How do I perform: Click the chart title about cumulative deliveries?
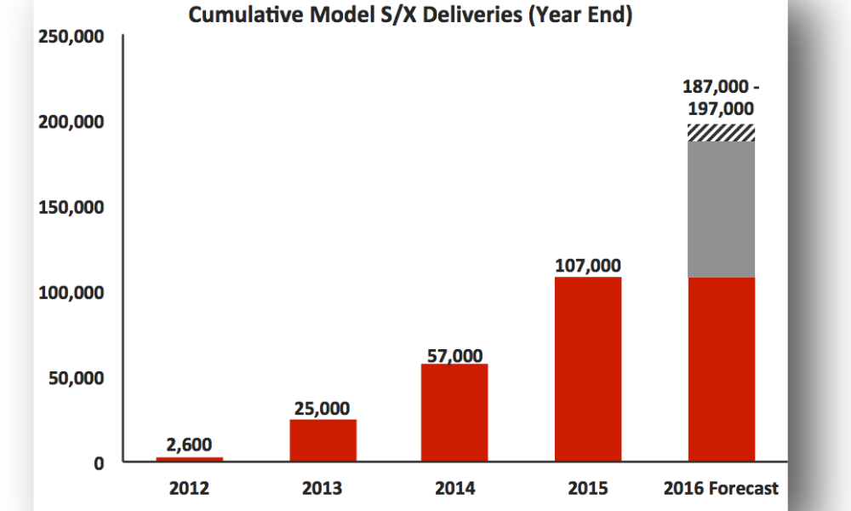pyautogui.click(x=410, y=15)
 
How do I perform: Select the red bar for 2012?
pyautogui.click(x=189, y=459)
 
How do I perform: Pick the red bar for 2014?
pyautogui.click(x=454, y=413)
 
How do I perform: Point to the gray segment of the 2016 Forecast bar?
pyautogui.click(x=721, y=209)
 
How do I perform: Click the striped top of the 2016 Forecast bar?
pyautogui.click(x=721, y=132)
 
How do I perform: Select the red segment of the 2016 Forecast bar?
pyautogui.click(x=721, y=369)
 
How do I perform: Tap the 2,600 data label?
pyautogui.click(x=189, y=444)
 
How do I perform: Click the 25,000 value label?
pyautogui.click(x=322, y=409)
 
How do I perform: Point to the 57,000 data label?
pyautogui.click(x=454, y=355)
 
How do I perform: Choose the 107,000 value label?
pyautogui.click(x=587, y=266)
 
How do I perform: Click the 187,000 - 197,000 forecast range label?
pyautogui.click(x=719, y=97)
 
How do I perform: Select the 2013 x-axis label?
pyautogui.click(x=322, y=489)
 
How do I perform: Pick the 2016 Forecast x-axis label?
pyautogui.click(x=721, y=489)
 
